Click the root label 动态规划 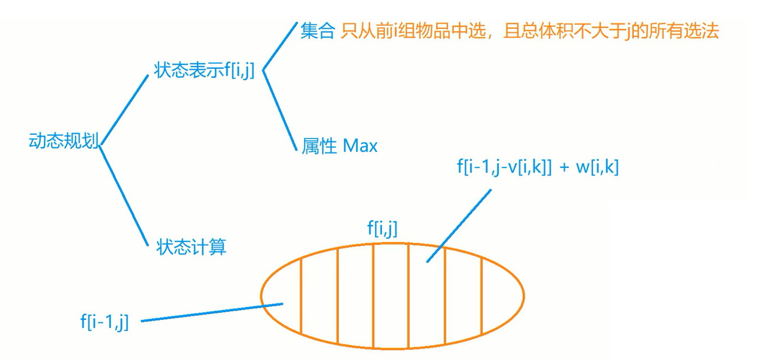click(64, 141)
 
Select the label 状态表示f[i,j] click(204, 70)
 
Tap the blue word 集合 click(317, 31)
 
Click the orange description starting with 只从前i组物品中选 click(530, 31)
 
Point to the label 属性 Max click(340, 146)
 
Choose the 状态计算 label click(191, 246)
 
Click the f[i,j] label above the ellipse click(383, 228)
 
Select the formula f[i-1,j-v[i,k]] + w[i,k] click(537, 167)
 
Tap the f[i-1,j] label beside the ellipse click(104, 321)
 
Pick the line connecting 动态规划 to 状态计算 click(123, 194)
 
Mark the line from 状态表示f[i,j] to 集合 click(279, 47)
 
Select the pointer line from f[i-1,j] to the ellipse click(212, 312)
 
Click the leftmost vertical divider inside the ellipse click(301, 295)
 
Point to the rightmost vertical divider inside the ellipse click(482, 295)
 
